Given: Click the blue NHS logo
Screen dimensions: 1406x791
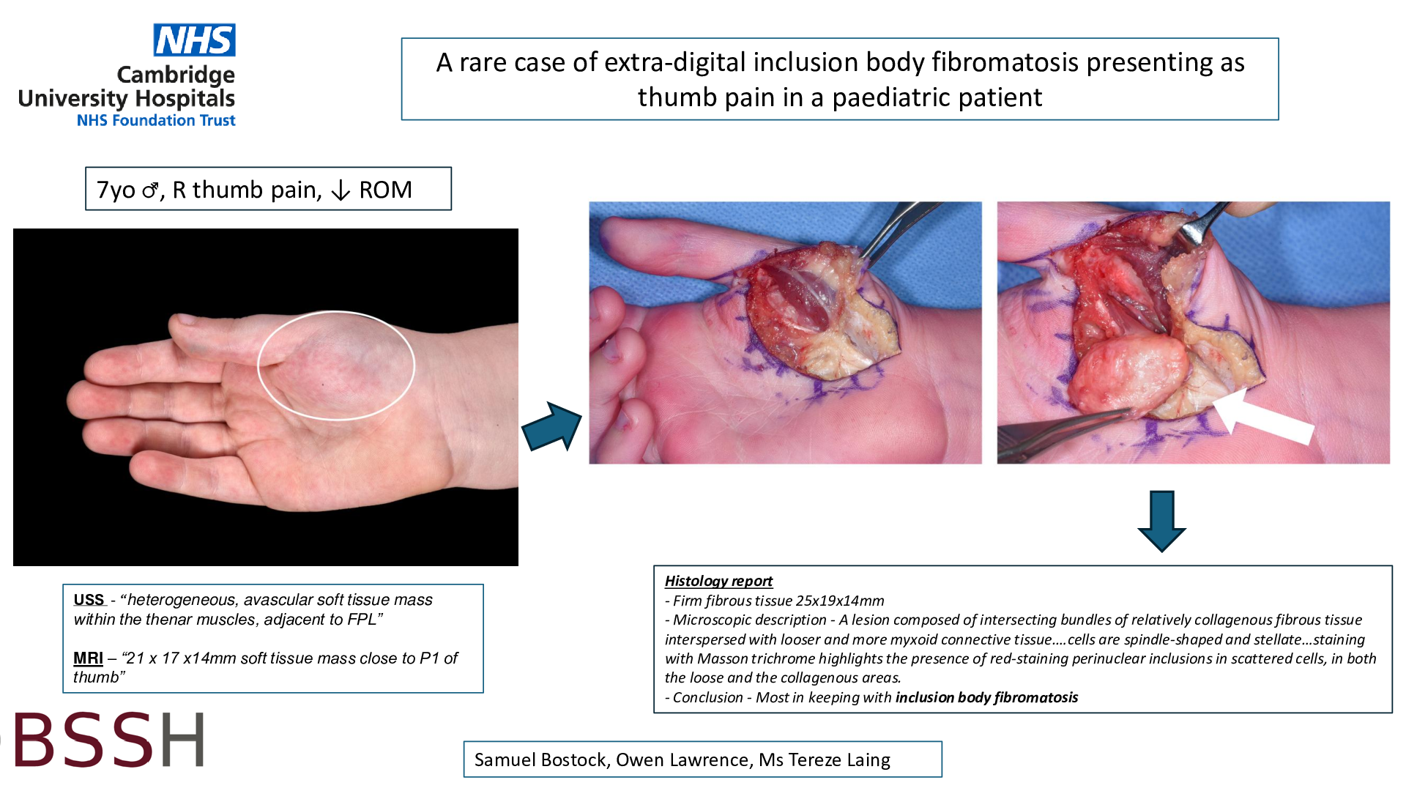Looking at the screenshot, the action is (x=194, y=40).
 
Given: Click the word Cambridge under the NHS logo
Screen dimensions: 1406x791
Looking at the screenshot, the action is (x=176, y=75).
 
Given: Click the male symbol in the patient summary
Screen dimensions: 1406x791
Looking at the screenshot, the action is (x=150, y=190).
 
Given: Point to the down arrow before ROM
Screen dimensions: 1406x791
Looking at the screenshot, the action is (x=341, y=190).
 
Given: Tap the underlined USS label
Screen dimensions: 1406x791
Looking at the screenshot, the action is (x=89, y=600).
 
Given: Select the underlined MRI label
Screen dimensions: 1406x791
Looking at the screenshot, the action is (x=88, y=658).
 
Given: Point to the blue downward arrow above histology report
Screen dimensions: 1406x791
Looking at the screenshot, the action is (x=1162, y=521).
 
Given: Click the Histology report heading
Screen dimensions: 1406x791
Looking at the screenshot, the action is (x=718, y=581).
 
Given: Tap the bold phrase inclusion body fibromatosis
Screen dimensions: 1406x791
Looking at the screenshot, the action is (x=986, y=697).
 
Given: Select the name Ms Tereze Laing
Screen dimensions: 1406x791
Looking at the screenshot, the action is (x=825, y=760).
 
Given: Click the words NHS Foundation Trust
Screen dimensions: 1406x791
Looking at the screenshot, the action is (x=156, y=120).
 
